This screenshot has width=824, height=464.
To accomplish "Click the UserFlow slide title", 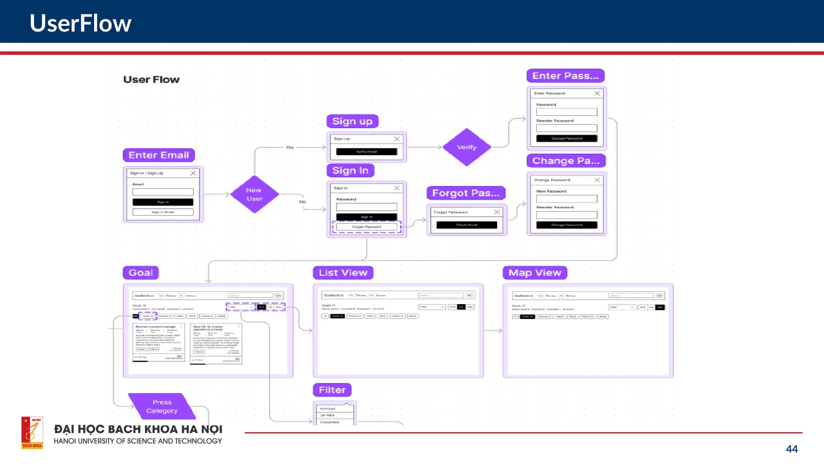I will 80,23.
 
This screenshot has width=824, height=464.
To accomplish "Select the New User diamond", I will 254,195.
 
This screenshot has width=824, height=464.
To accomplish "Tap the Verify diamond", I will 467,147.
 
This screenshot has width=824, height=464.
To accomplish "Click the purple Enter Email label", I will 159,155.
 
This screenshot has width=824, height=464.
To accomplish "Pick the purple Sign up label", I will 352,121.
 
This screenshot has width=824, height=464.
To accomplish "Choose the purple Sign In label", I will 350,170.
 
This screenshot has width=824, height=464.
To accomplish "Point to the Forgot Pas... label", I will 466,193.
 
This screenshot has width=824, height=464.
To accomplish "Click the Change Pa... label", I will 566,161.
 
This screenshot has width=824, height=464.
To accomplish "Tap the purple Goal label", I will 141,273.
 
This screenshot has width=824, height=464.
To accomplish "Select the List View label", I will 343,273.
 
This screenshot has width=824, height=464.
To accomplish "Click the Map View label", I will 535,273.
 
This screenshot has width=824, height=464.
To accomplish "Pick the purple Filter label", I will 332,390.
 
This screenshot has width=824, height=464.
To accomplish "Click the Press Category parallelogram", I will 162,406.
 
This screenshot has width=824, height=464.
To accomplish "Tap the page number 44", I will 791,449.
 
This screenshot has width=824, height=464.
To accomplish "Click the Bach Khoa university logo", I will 32,433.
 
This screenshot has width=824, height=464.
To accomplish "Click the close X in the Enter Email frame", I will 193,173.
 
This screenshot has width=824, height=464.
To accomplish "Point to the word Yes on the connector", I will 290,147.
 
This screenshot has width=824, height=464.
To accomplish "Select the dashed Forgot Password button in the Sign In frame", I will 367,227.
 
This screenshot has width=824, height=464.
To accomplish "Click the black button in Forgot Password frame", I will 467,225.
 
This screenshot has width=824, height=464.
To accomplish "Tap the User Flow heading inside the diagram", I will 151,80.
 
